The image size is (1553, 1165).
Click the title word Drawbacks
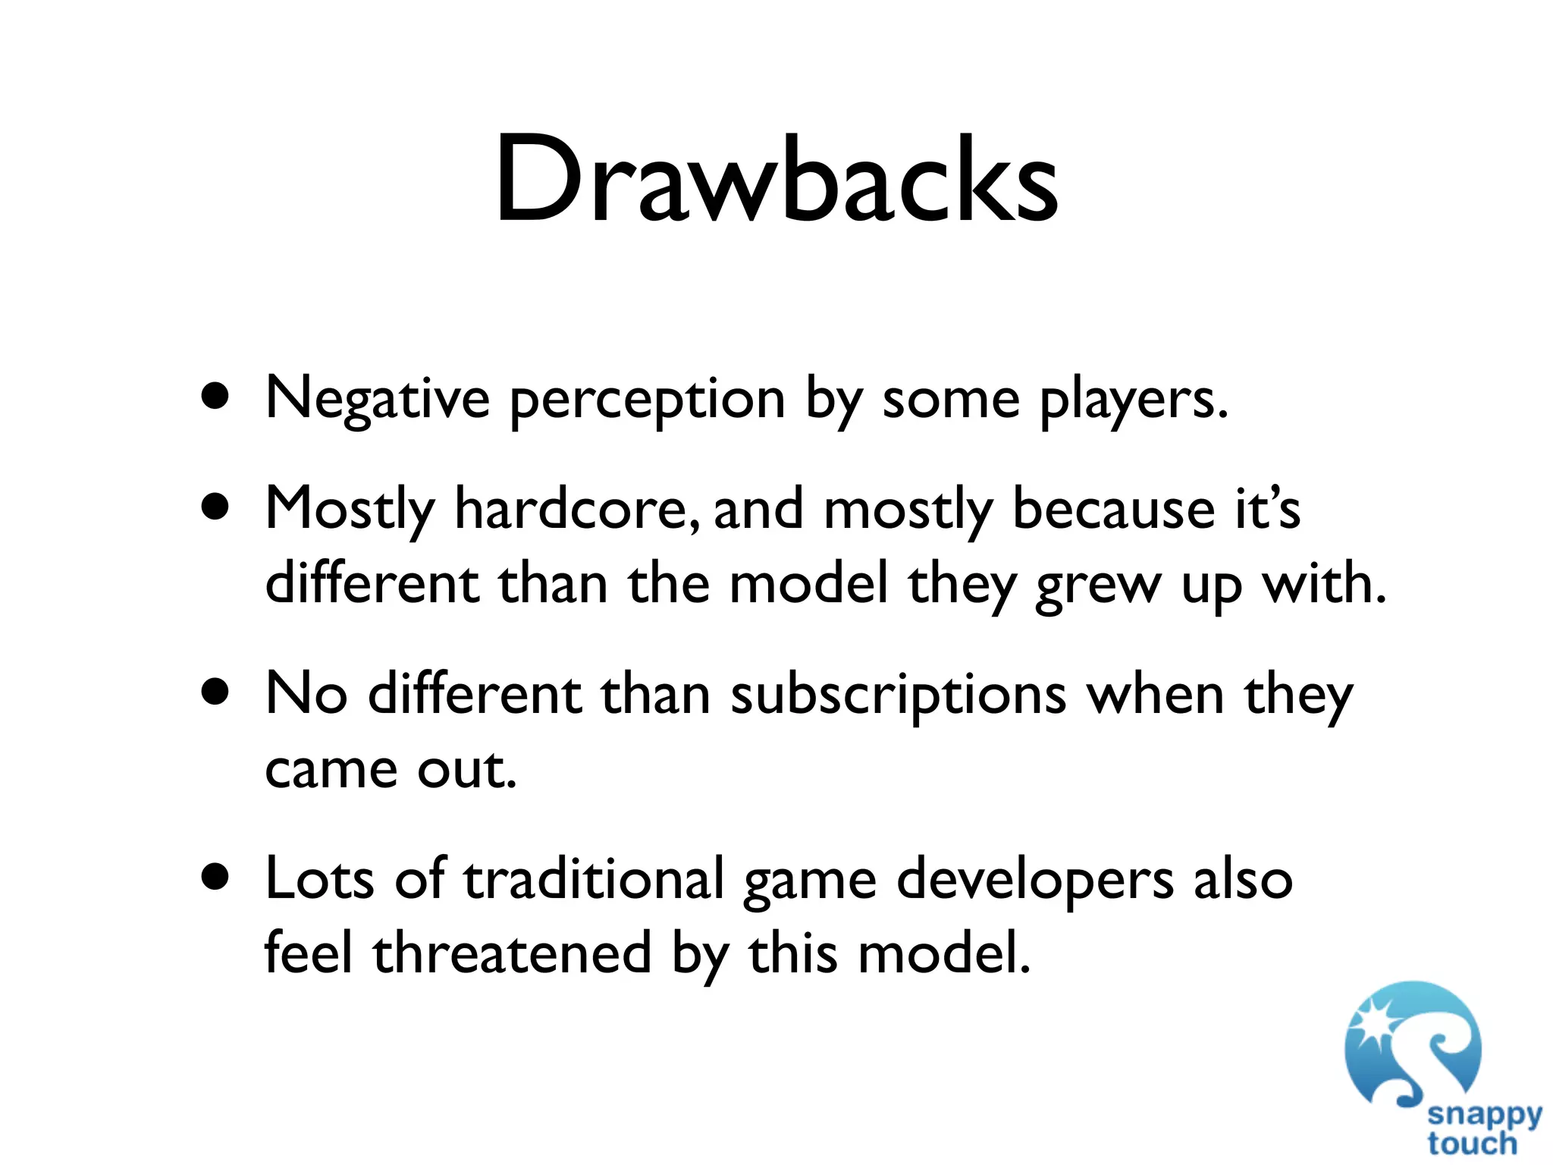[x=776, y=181]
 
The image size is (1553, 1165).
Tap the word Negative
[x=378, y=399]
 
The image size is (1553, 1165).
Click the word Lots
[x=319, y=879]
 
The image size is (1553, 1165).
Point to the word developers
[x=1035, y=881]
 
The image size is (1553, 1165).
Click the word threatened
[x=512, y=953]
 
